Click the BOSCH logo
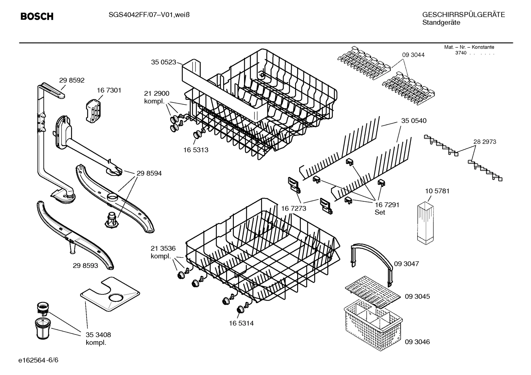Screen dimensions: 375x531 tap(37, 17)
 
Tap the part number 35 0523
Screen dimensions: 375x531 tap(163, 62)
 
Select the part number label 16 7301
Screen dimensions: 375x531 tap(109, 90)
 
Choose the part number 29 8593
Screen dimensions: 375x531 tap(85, 265)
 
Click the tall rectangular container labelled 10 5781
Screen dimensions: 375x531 tap(426, 223)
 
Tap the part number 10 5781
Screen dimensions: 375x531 tap(437, 191)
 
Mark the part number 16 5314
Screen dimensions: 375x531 tap(241, 323)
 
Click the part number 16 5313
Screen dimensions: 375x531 tap(196, 150)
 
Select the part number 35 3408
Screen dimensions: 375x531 tap(98, 335)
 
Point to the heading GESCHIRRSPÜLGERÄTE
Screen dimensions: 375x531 tap(463, 15)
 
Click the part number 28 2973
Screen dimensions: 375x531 tap(485, 142)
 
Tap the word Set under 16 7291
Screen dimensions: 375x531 tap(380, 212)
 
